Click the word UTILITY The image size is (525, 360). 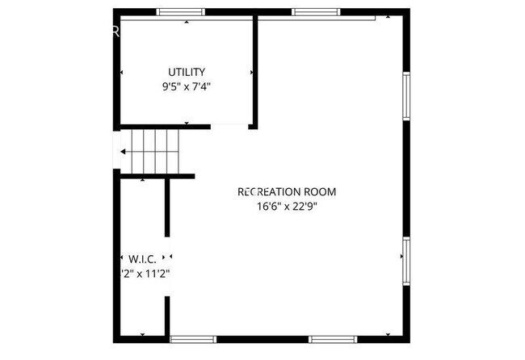[x=187, y=72]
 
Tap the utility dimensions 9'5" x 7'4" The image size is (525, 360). [x=187, y=86]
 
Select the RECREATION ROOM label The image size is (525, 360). [x=287, y=192]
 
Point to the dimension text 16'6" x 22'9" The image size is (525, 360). [x=287, y=206]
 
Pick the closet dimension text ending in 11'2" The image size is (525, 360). [x=145, y=273]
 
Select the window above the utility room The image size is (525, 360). [x=181, y=12]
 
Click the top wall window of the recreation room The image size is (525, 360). [x=315, y=12]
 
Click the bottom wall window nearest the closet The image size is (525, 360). [x=193, y=339]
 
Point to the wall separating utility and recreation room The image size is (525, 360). [x=255, y=73]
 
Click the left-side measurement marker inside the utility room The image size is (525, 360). [x=122, y=73]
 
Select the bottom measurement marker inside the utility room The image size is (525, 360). [x=187, y=123]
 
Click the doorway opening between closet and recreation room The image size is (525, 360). [x=168, y=266]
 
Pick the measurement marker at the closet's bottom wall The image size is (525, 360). [x=142, y=334]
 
